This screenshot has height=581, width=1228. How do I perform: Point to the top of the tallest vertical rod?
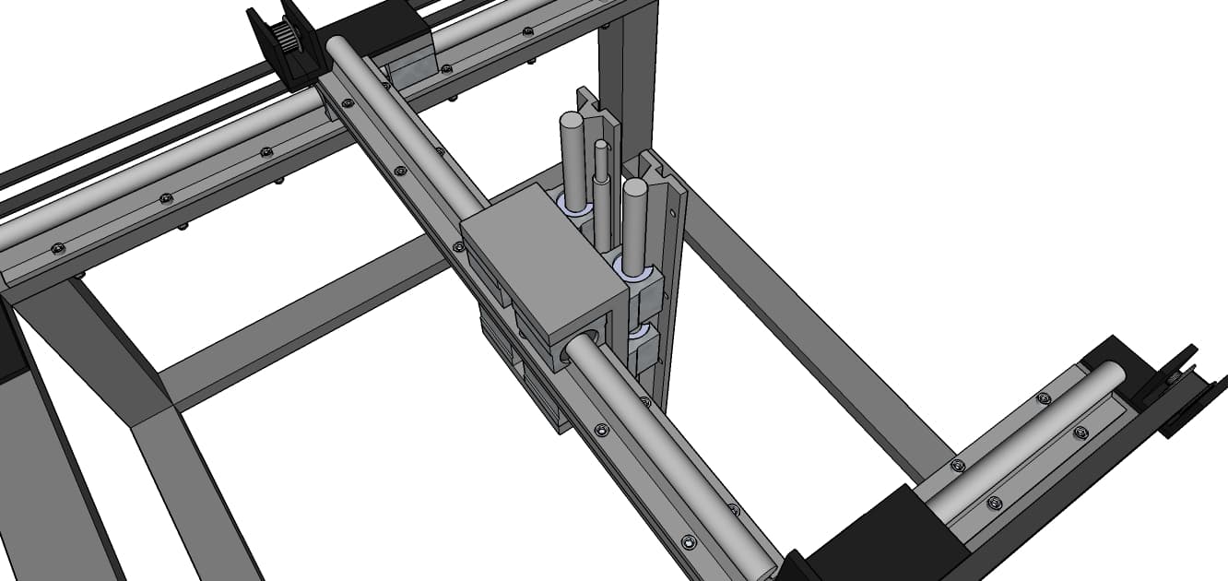point(572,121)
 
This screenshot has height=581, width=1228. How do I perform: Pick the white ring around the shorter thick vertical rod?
point(633,269)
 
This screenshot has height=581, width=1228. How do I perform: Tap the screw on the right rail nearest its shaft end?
point(1043,398)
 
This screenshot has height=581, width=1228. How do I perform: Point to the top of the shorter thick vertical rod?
point(633,188)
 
